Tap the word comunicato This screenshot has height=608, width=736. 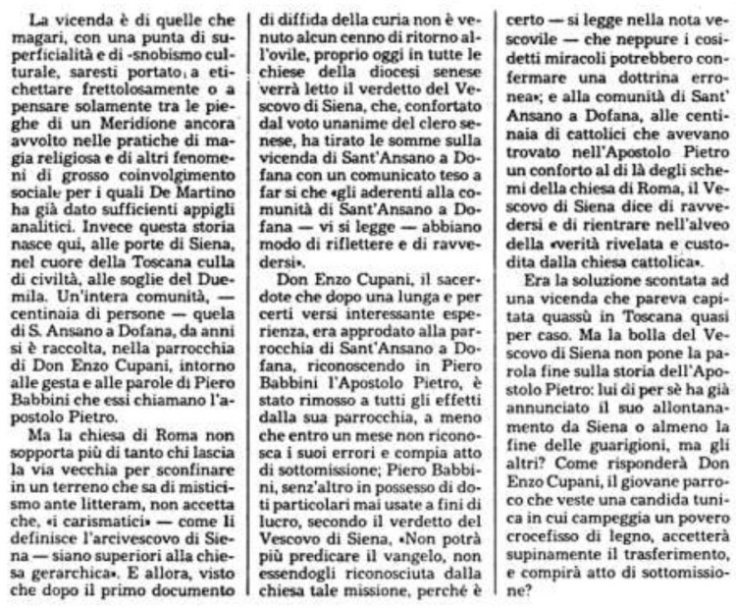377,192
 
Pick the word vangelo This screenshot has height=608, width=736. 394,557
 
